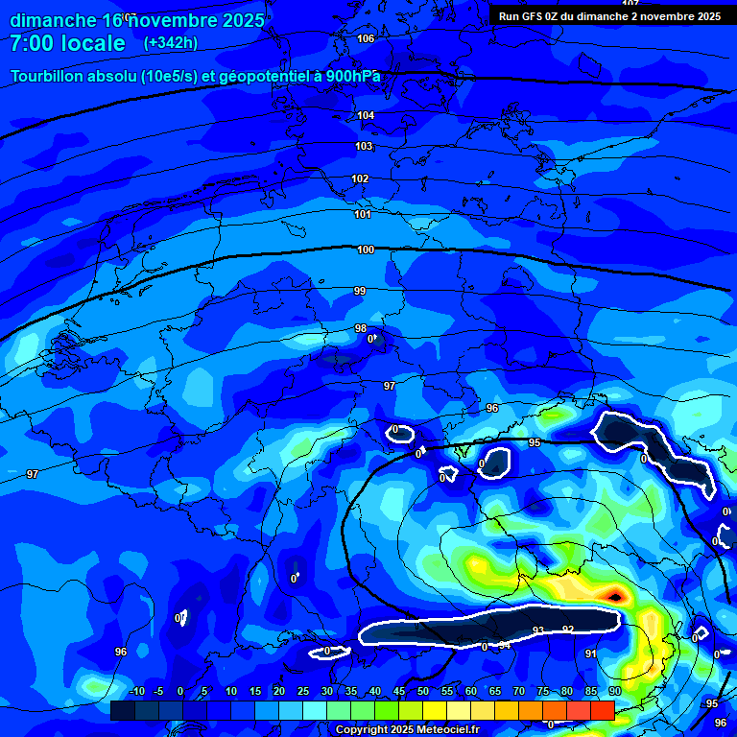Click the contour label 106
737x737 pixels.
click(366, 38)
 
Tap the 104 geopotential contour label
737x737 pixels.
click(366, 115)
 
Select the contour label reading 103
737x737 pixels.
click(364, 146)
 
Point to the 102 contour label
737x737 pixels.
click(360, 178)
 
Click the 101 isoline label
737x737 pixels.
click(363, 214)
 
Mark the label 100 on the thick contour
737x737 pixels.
click(366, 250)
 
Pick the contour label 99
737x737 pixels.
click(360, 291)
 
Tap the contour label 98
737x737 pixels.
click(361, 328)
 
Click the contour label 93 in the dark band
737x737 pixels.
click(538, 630)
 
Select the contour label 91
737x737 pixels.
click(591, 654)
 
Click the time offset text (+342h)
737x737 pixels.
click(170, 43)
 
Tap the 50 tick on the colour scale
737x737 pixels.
click(423, 691)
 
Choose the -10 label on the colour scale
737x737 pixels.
click(136, 691)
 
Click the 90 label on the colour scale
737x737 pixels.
click(614, 691)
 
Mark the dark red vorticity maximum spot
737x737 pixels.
click(614, 597)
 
